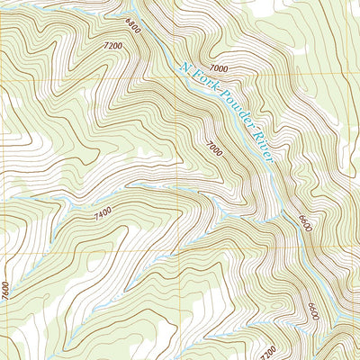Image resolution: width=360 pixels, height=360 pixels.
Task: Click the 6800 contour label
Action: click(x=133, y=27)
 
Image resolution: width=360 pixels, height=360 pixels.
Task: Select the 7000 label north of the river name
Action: click(x=217, y=67)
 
